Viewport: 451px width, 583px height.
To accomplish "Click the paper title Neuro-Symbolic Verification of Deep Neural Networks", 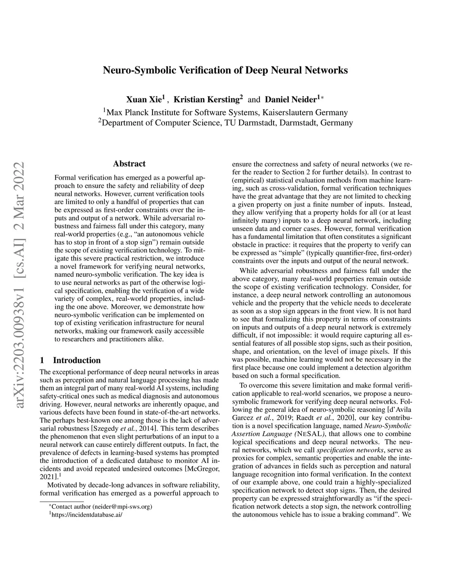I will pos(225,70).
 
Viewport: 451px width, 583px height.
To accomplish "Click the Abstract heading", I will pos(129,164).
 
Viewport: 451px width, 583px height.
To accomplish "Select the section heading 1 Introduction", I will pos(70,360).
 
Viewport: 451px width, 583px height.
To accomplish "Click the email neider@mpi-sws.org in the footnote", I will pos(124,506).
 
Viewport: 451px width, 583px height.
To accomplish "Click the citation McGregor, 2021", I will pos(203,468).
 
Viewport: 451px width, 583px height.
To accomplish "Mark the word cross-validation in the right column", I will pos(279,189).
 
